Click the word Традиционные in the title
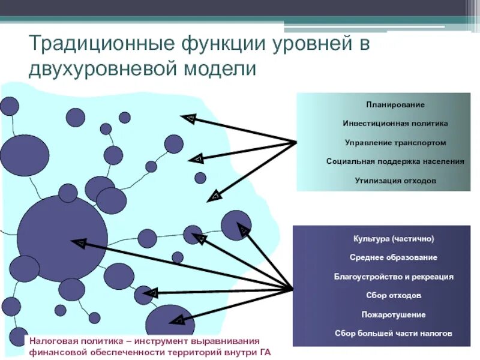[x=98, y=45]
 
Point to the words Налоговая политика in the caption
[x=67, y=340]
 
